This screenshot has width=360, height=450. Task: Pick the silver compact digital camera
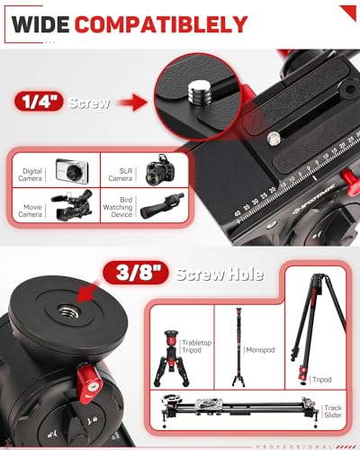tap(69, 171)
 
